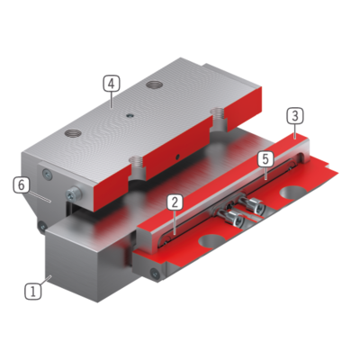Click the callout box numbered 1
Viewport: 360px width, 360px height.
tap(33, 292)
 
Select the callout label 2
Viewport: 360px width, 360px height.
tap(175, 202)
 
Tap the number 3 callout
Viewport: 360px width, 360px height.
tap(295, 116)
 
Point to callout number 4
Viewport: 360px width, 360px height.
tap(112, 84)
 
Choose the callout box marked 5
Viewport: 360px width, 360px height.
tap(265, 159)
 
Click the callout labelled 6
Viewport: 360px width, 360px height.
tap(22, 185)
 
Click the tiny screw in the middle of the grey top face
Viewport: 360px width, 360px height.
tap(130, 115)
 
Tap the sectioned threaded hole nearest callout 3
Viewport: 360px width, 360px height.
tap(219, 120)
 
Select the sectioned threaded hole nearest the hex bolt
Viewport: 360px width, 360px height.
tap(138, 168)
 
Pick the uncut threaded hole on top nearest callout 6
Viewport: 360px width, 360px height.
tap(73, 132)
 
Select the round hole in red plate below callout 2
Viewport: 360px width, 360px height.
tap(211, 240)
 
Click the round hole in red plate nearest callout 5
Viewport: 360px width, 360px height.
tap(292, 193)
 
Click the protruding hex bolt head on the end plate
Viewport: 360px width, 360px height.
tap(74, 194)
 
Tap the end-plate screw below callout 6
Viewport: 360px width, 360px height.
tap(42, 225)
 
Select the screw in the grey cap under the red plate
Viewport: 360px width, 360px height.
tap(155, 273)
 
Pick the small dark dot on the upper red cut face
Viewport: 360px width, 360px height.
tap(178, 156)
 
